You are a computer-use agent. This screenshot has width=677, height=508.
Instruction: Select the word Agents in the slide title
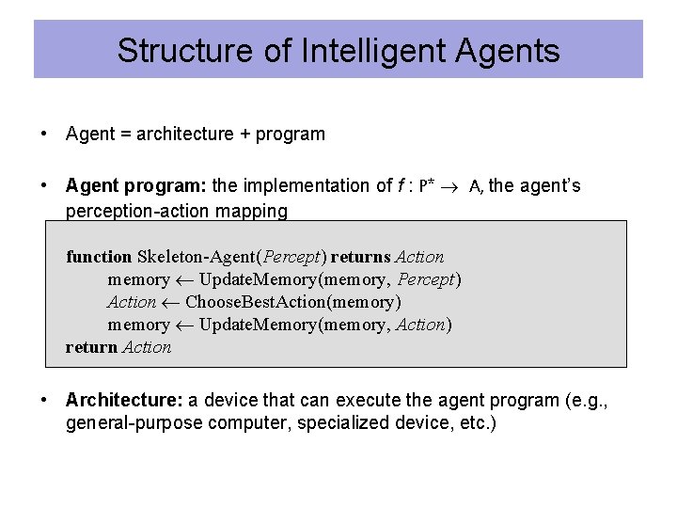(510, 50)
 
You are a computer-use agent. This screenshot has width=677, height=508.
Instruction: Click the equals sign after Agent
(124, 134)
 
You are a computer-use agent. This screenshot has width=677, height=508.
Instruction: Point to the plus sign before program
(244, 134)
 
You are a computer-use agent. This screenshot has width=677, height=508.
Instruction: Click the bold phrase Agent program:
(137, 185)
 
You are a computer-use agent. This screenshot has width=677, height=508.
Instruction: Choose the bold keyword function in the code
(99, 257)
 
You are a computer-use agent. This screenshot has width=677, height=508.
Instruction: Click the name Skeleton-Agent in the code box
(197, 257)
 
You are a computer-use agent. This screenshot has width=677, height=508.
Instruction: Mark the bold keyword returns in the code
(362, 257)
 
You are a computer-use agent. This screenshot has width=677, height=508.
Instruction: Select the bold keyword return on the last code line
(91, 347)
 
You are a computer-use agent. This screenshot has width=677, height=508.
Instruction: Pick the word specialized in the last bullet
(339, 423)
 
